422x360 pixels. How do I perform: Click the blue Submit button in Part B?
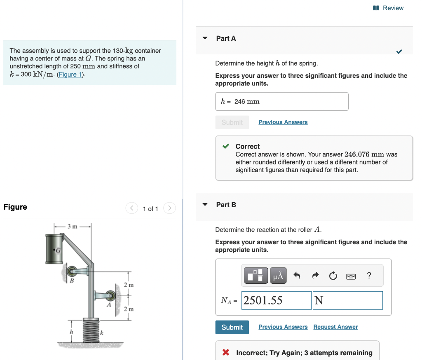coord(232,327)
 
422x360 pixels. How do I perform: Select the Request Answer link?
coord(335,327)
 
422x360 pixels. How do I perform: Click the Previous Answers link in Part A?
coord(283,122)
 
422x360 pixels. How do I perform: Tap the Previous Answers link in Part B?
coord(283,327)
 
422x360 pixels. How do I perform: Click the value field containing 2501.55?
coord(276,300)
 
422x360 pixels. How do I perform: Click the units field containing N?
coord(347,300)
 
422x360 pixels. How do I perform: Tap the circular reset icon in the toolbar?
coord(333,276)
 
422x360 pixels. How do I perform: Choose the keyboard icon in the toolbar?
coord(351,276)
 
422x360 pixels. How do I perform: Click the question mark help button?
coord(369,276)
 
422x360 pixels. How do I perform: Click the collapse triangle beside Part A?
coord(205,38)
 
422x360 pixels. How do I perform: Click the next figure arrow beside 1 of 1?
coord(169,208)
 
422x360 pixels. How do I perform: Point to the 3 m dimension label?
coord(72,226)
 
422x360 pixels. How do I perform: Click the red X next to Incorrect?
coord(226,353)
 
